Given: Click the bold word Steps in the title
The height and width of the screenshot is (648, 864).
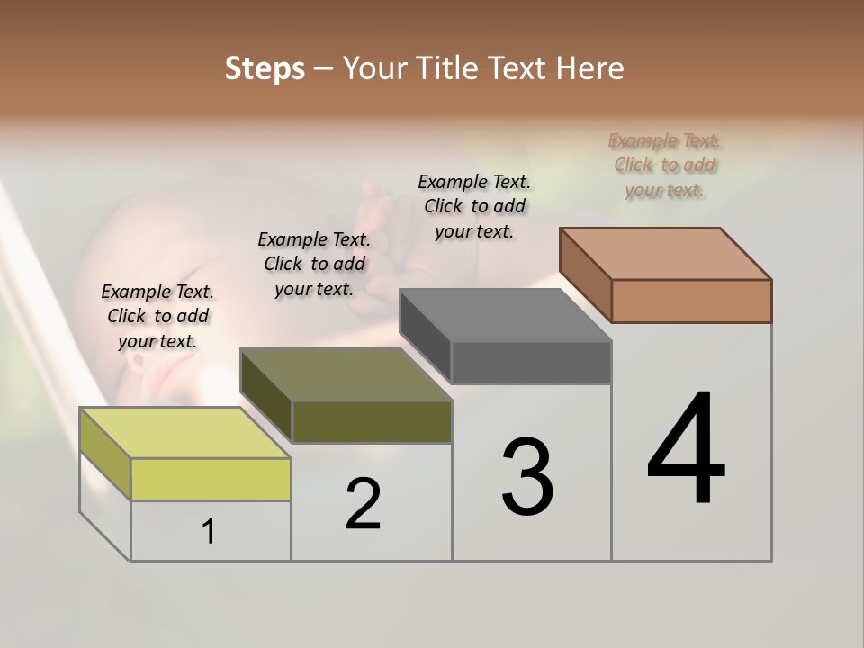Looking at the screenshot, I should coord(265,68).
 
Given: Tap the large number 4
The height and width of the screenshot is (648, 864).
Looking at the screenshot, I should coord(686,450).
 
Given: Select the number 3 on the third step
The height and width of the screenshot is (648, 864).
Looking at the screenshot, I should coord(527,477).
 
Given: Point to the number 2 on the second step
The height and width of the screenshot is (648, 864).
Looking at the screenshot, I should coord(363,504).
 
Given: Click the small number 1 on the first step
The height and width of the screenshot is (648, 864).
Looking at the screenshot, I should coord(209,532).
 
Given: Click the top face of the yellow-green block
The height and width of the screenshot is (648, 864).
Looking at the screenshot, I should coord(185,432).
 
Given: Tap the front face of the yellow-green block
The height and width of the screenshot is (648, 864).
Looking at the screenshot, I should coord(211,479).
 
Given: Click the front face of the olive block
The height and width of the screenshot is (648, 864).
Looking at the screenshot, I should coord(372,422).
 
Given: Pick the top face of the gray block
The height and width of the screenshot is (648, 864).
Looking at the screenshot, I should coord(506,315).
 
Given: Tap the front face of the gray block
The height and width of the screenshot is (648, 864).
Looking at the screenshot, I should coord(531,363).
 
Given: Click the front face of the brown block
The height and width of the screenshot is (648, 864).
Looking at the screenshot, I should coord(691,301).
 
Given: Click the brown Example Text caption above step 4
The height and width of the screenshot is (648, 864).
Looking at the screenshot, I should coord(664,165).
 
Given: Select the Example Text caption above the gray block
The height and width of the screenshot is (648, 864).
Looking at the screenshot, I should coord(474,206).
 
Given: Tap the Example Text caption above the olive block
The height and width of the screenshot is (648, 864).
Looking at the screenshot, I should coord(314,264).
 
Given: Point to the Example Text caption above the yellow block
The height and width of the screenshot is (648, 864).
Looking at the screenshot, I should coord(157,316).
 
